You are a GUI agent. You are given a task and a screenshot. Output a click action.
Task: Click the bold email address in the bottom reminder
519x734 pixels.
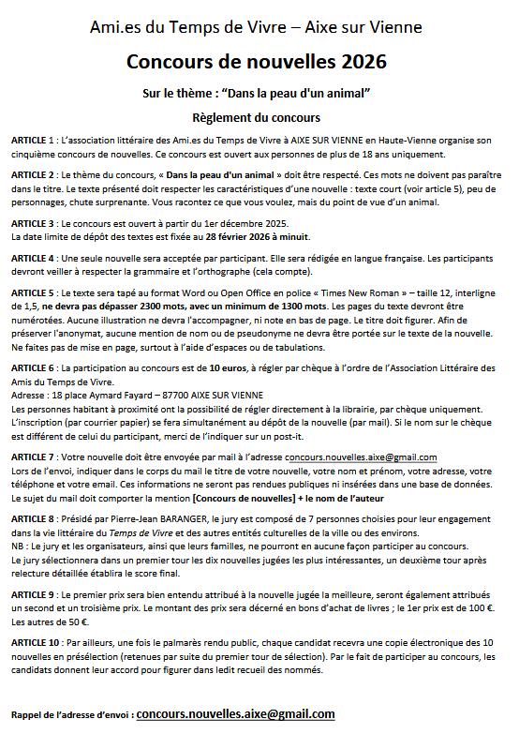coord(235,713)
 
